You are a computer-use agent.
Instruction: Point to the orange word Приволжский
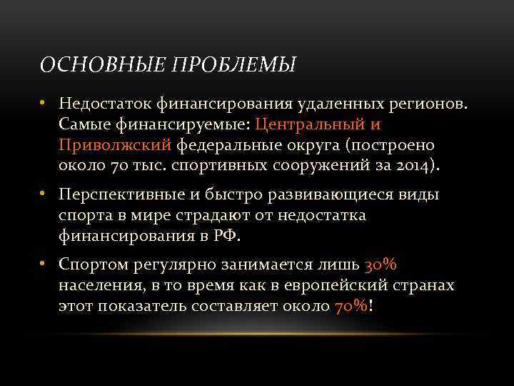(x=116, y=145)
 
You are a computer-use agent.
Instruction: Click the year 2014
(x=414, y=166)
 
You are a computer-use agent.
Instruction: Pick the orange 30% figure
(x=381, y=264)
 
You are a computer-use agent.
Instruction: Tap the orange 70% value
(x=351, y=306)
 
